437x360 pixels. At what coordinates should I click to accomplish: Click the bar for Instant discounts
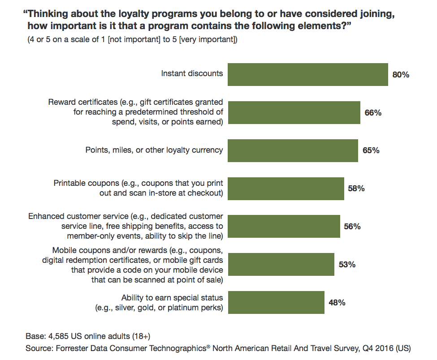(x=307, y=74)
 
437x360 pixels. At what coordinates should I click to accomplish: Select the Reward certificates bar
(x=294, y=112)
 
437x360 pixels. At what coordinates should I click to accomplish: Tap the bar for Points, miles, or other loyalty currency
(x=293, y=150)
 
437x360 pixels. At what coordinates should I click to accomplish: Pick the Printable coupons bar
(x=286, y=189)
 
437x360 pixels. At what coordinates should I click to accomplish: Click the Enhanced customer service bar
(x=284, y=226)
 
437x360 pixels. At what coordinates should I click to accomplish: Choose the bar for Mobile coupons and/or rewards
(x=281, y=264)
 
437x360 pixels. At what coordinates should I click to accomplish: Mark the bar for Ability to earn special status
(x=276, y=302)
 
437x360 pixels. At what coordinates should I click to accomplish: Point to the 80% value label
(x=401, y=75)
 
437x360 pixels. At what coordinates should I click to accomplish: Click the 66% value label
(x=373, y=113)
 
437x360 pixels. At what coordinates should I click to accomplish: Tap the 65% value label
(x=371, y=151)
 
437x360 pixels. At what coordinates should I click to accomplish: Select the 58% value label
(x=356, y=189)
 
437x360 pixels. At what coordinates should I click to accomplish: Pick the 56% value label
(x=352, y=227)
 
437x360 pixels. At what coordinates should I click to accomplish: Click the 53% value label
(x=347, y=265)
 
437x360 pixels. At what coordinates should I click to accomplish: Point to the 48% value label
(x=337, y=303)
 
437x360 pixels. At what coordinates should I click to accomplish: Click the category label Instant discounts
(x=192, y=73)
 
